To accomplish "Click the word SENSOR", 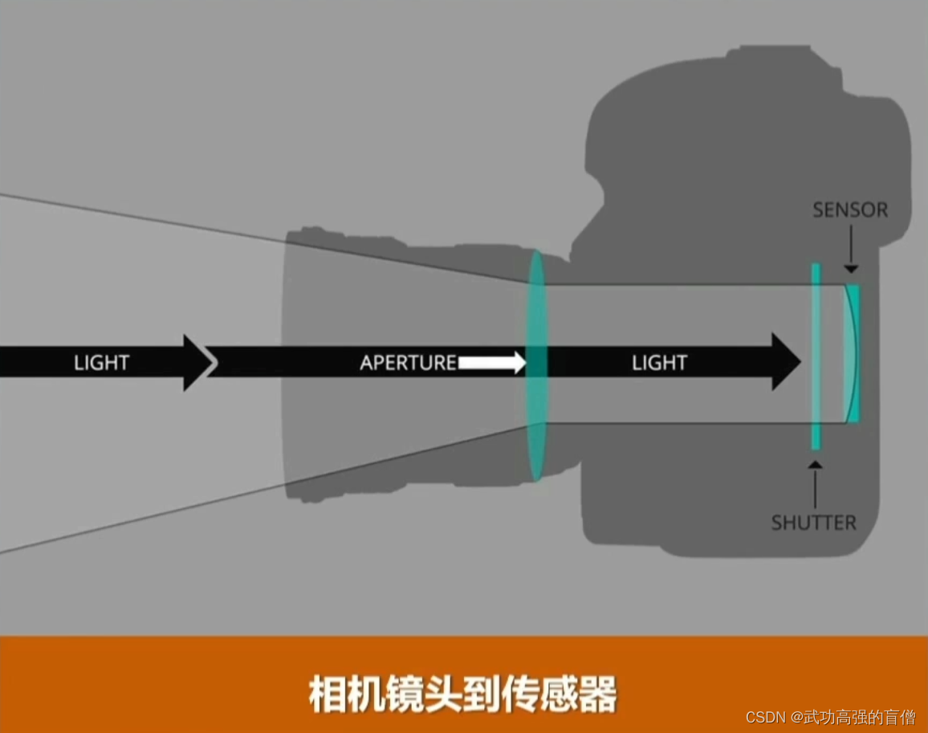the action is (x=850, y=210).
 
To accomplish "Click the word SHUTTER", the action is (x=813, y=523).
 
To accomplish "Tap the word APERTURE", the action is (x=408, y=363).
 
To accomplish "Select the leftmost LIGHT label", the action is (x=101, y=363).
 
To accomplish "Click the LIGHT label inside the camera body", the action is (x=659, y=363).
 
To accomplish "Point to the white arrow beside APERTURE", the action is (x=491, y=364).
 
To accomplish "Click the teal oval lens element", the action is (x=536, y=364).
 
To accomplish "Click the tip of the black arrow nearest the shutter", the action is (x=799, y=363).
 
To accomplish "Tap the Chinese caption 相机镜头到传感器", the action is (x=463, y=694).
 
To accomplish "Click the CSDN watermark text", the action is (x=830, y=717).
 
